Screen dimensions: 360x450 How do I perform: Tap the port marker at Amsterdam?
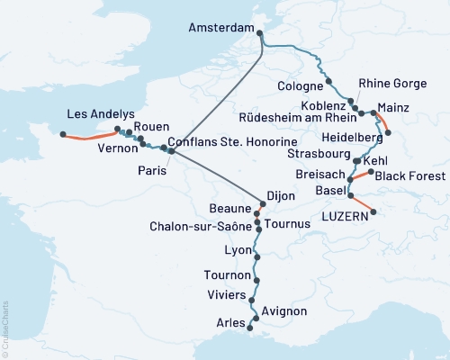click(260, 34)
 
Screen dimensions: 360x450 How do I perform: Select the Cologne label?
click(300, 86)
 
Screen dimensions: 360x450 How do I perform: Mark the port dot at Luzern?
click(373, 213)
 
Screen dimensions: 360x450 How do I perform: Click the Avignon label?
click(285, 311)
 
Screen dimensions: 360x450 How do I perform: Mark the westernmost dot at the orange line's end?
click(63, 134)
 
